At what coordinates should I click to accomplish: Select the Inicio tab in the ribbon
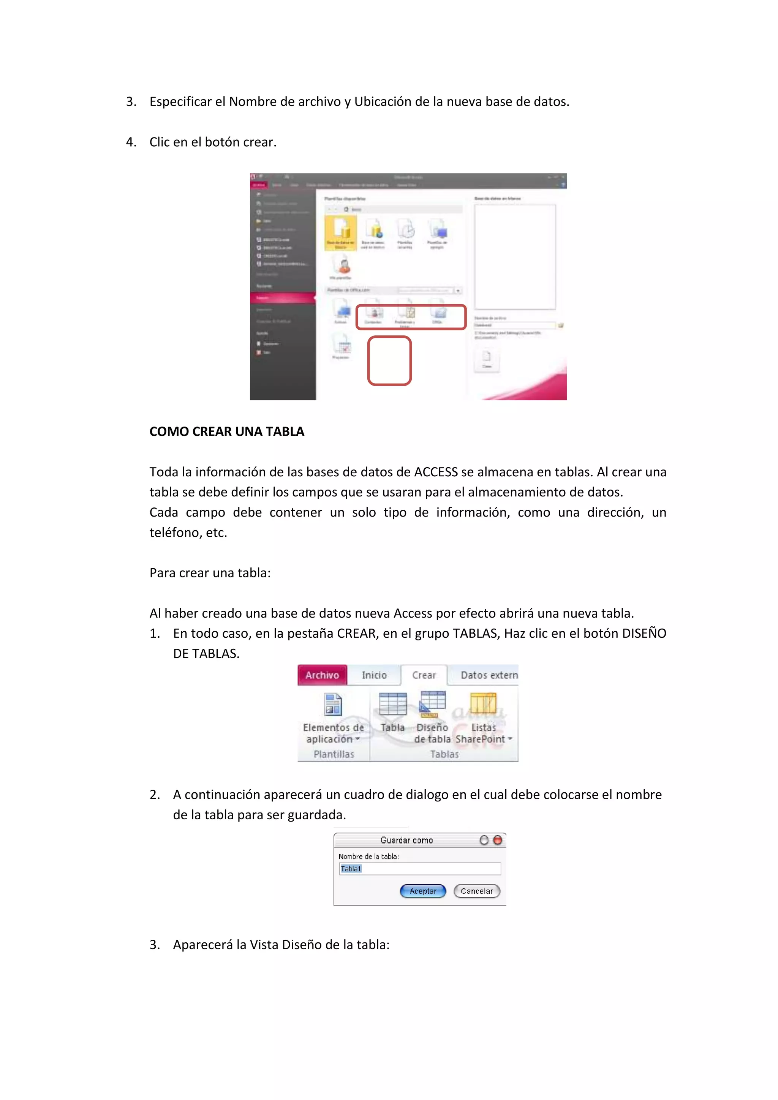point(374,675)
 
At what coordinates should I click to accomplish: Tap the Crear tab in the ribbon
point(424,675)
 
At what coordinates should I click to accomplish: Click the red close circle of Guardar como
point(498,840)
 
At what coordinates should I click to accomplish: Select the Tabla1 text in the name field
point(351,869)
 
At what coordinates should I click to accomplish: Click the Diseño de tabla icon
point(433,704)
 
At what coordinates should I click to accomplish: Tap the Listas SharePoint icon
point(483,704)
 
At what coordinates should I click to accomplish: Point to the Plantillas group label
point(334,754)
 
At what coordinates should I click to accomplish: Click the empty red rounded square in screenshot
point(389,361)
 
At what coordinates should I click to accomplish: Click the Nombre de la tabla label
point(368,857)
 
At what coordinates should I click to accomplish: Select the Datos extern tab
point(489,675)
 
